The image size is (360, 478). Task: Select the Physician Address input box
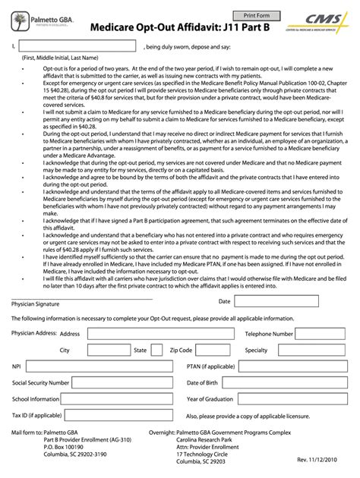tap(151, 333)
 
